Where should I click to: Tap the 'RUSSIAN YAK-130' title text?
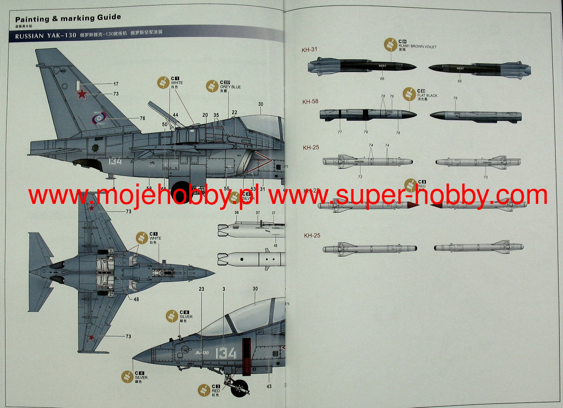tap(46, 36)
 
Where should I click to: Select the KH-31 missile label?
tap(309, 50)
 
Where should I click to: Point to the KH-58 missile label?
tap(310, 101)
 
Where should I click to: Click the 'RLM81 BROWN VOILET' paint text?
tap(417, 47)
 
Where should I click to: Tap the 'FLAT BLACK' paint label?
tap(427, 96)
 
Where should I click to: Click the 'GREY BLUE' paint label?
tap(230, 87)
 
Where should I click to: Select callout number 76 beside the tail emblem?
tap(142, 118)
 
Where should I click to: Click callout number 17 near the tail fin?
tap(116, 84)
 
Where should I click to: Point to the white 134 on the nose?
tap(226, 353)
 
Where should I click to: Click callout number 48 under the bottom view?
tap(136, 299)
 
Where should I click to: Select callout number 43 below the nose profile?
tap(269, 386)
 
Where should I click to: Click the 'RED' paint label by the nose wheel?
tap(216, 391)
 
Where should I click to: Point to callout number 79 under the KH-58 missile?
tap(366, 132)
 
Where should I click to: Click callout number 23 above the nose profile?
tap(202, 289)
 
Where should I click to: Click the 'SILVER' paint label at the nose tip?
tap(141, 378)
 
